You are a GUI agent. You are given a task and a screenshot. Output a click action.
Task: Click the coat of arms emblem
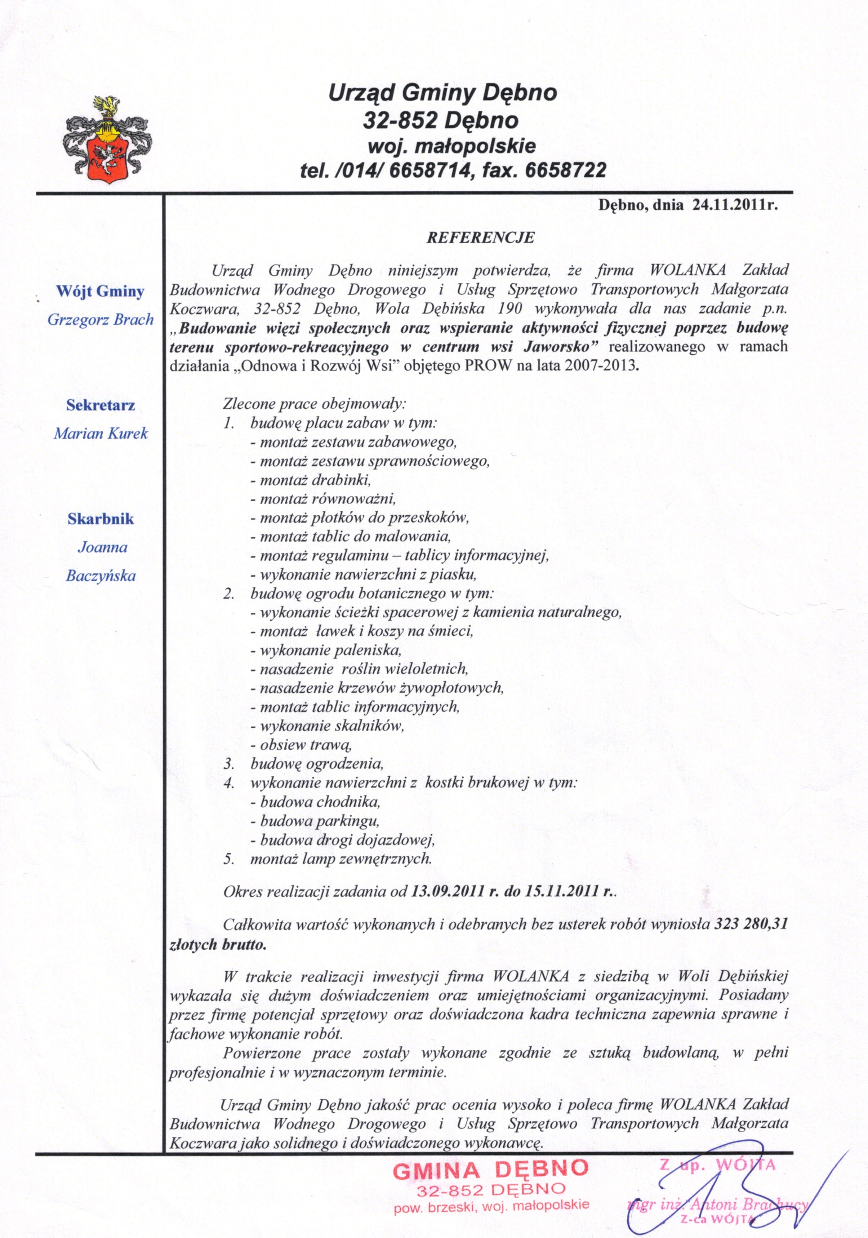pos(107,140)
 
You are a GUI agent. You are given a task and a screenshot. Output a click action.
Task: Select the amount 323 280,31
pos(751,924)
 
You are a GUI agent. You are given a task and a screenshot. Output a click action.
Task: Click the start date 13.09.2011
pos(448,891)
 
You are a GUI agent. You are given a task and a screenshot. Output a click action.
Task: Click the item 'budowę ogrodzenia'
pos(316,763)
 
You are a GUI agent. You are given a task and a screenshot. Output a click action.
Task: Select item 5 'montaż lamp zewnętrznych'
pos(341,858)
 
